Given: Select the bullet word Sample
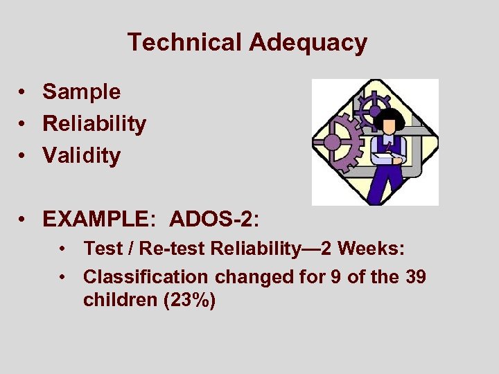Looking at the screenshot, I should pos(81,91).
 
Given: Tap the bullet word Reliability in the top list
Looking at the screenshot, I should pos(94,124).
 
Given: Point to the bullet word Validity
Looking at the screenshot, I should pos(81,156).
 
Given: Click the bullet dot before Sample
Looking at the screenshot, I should pos(24,92).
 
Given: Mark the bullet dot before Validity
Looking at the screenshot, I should pos(24,157).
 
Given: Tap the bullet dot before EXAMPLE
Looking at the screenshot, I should pos(24,220).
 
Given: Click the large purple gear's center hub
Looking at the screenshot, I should pos(333,142).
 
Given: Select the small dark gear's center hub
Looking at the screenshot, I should pos(375,109).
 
